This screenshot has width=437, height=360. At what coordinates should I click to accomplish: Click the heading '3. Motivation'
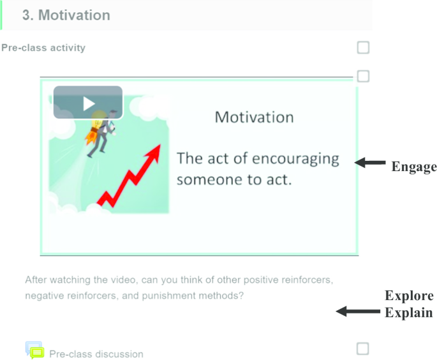pyautogui.click(x=66, y=15)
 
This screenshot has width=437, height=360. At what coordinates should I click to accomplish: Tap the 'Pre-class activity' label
pyautogui.click(x=43, y=48)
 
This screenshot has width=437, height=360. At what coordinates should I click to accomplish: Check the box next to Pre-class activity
pyautogui.click(x=363, y=47)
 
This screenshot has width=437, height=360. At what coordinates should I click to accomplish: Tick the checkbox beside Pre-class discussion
pyautogui.click(x=363, y=349)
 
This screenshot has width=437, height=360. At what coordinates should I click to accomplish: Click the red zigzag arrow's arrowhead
pyautogui.click(x=154, y=153)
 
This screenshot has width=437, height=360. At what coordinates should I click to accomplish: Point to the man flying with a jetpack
pyautogui.click(x=101, y=133)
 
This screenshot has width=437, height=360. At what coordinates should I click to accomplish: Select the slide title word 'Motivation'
pyautogui.click(x=254, y=117)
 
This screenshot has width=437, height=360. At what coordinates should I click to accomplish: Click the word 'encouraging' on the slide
pyautogui.click(x=295, y=159)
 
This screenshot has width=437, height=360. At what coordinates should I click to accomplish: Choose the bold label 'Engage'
pyautogui.click(x=414, y=167)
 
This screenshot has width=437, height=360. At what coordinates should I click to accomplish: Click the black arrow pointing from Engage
pyautogui.click(x=370, y=163)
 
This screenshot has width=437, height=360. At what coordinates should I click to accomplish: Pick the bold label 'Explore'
pyautogui.click(x=409, y=296)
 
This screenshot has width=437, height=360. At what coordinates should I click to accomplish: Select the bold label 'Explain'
pyautogui.click(x=409, y=313)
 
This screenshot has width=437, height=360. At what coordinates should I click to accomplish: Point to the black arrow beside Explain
pyautogui.click(x=358, y=311)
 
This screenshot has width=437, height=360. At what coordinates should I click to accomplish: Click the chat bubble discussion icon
pyautogui.click(x=35, y=350)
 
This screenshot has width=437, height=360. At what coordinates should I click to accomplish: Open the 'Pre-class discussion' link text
pyautogui.click(x=96, y=354)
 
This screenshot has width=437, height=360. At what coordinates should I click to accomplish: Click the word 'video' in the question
pyautogui.click(x=124, y=280)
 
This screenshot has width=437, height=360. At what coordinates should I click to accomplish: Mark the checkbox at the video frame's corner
pyautogui.click(x=363, y=76)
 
